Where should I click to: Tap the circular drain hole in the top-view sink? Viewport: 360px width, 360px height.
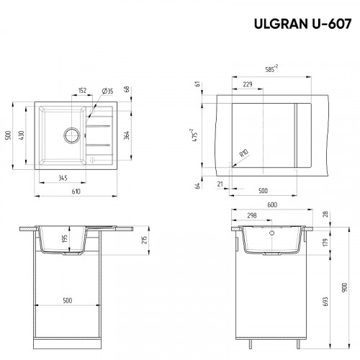click(72, 134)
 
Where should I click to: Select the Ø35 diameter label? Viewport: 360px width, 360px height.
click(107, 91)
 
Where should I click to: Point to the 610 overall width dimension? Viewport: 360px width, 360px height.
click(74, 192)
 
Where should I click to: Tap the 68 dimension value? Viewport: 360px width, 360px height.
click(126, 89)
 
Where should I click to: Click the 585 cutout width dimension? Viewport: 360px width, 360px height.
click(271, 69)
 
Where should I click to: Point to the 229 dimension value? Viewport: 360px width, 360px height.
click(248, 84)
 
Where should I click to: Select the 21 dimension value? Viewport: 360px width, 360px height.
click(220, 184)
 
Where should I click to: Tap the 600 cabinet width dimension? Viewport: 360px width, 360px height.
click(271, 204)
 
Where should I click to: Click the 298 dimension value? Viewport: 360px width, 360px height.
click(252, 215)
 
